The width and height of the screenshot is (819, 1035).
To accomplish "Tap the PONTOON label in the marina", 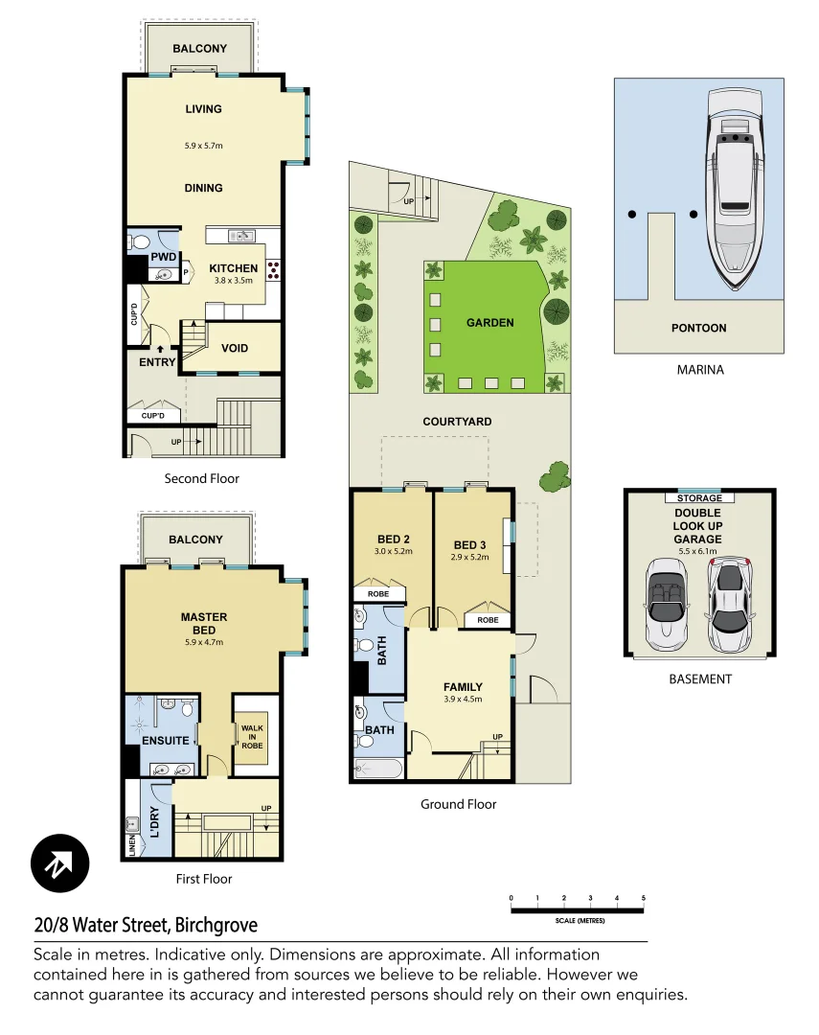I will point(698,328).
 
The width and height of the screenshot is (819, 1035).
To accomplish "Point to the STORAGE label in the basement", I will point(698,498).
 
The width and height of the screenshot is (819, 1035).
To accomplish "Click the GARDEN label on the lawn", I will point(490,323).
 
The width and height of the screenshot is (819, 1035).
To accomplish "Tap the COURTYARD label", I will point(457,422).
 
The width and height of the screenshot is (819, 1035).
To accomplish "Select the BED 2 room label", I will point(393,539).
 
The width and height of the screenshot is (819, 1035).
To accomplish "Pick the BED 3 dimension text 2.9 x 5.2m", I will point(470,557).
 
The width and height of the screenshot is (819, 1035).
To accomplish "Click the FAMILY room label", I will point(462,686).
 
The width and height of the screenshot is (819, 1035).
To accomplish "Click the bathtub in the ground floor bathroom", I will point(376,768).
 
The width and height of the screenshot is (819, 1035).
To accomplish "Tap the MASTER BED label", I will point(203,624).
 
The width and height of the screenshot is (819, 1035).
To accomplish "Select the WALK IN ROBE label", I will point(252,736).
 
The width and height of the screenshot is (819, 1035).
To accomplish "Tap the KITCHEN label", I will point(233,268).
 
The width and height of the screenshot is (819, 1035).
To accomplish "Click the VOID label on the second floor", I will point(235,348).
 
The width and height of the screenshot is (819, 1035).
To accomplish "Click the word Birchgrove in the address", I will point(216,926).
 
